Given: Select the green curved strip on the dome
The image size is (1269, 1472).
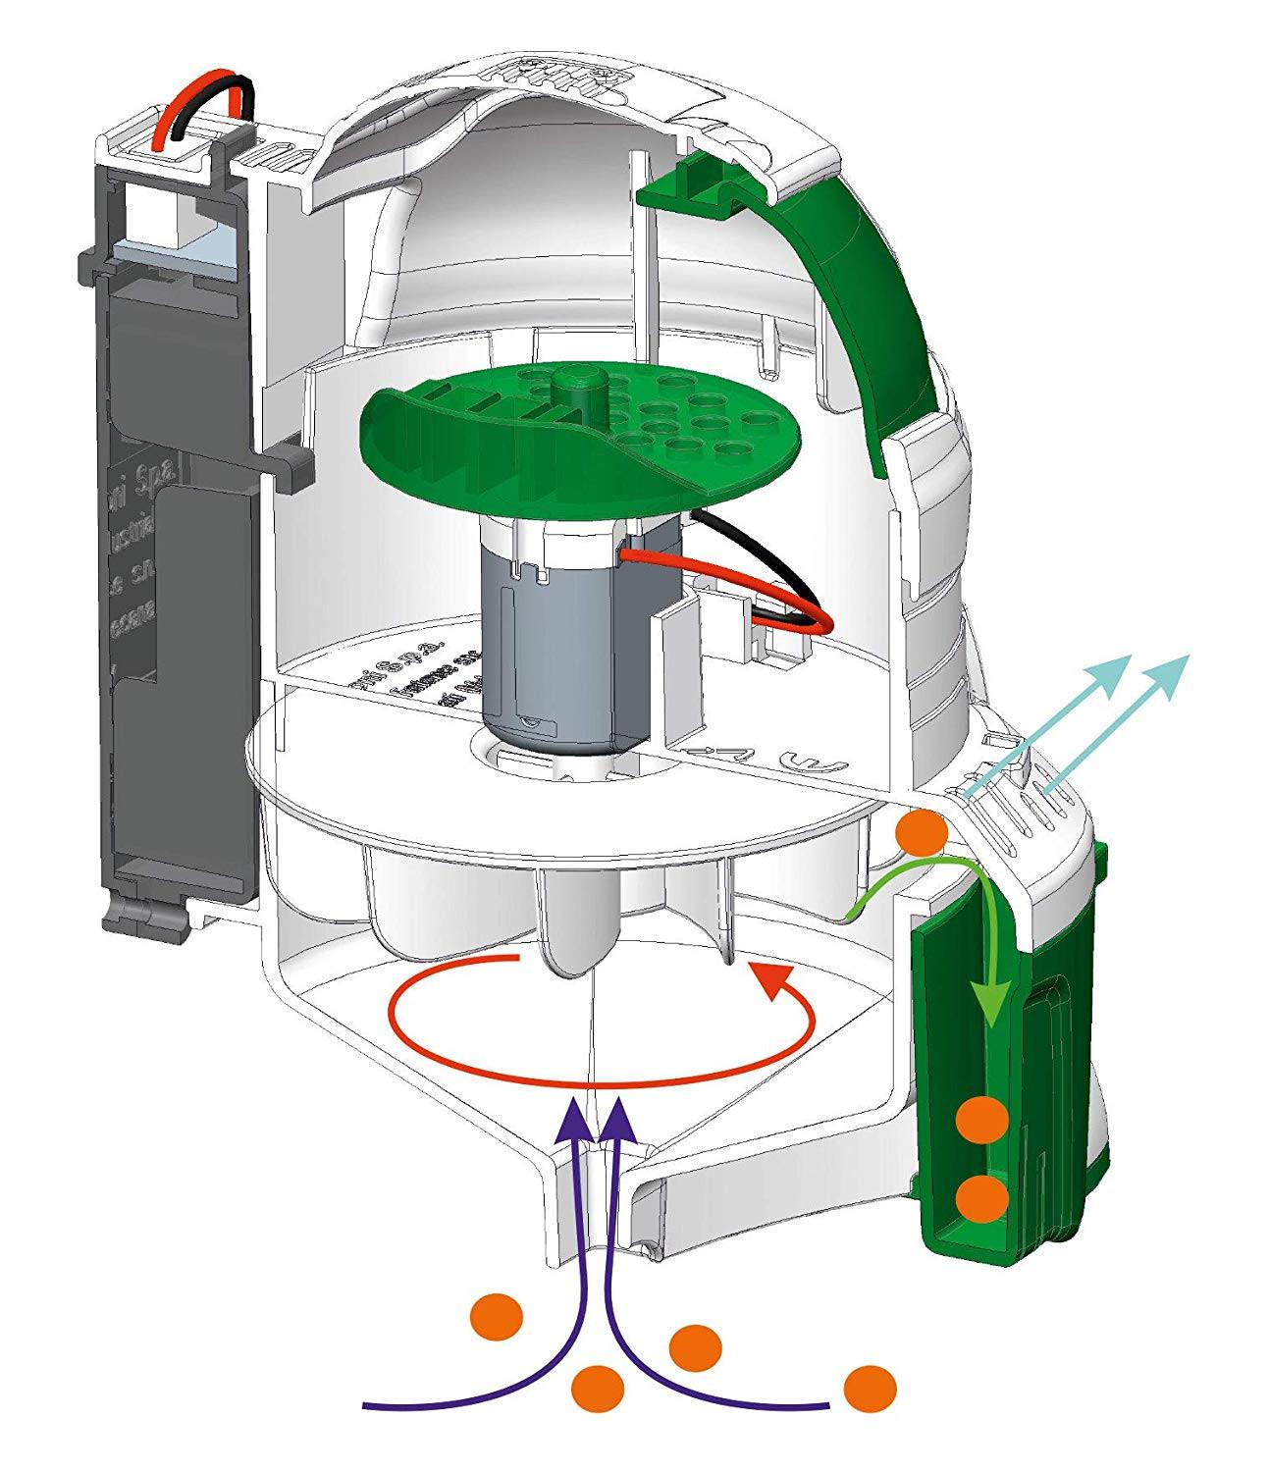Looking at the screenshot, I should coord(873,294).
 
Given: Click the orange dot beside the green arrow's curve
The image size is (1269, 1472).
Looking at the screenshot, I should coord(922,833).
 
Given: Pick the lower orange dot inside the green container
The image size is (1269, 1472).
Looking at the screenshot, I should coord(982,1197).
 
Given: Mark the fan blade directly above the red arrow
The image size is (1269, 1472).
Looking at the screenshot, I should coord(579,922).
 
